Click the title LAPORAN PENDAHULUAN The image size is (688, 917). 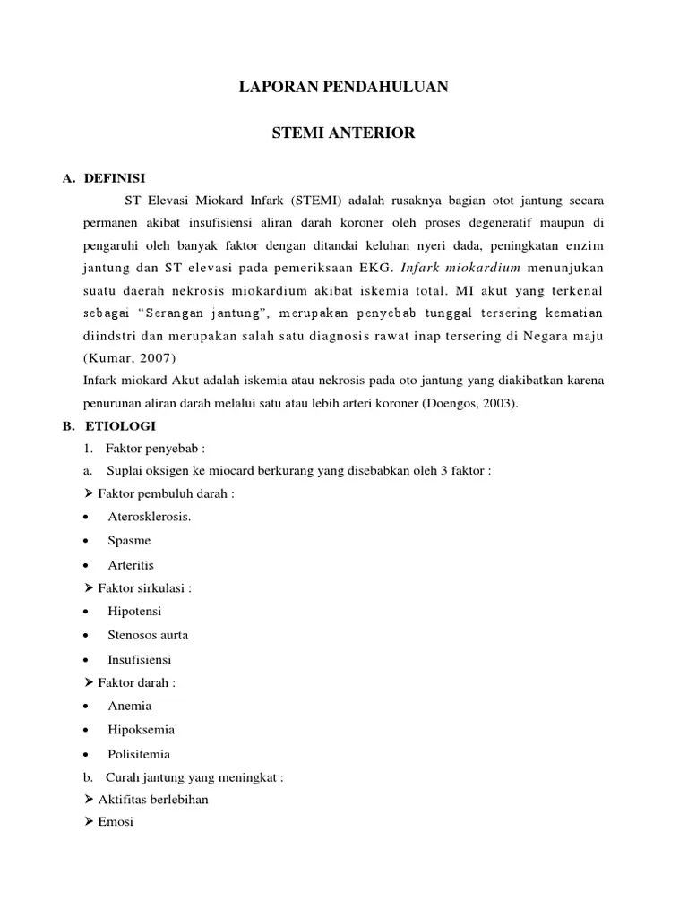[343, 88]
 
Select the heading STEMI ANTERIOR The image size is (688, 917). [343, 133]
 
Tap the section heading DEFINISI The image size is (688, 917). [115, 178]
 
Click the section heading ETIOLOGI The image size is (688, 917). [116, 426]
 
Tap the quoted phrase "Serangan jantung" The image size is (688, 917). [209, 313]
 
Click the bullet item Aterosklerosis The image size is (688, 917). [150, 517]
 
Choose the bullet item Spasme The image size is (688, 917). [129, 541]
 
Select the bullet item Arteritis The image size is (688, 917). [131, 565]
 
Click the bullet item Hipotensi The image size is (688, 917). [133, 612]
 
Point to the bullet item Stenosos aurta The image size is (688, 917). [148, 635]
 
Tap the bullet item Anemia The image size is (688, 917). [130, 706]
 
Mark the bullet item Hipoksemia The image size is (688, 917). [141, 730]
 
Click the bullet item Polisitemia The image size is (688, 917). [139, 754]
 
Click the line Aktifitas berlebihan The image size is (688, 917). [152, 799]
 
